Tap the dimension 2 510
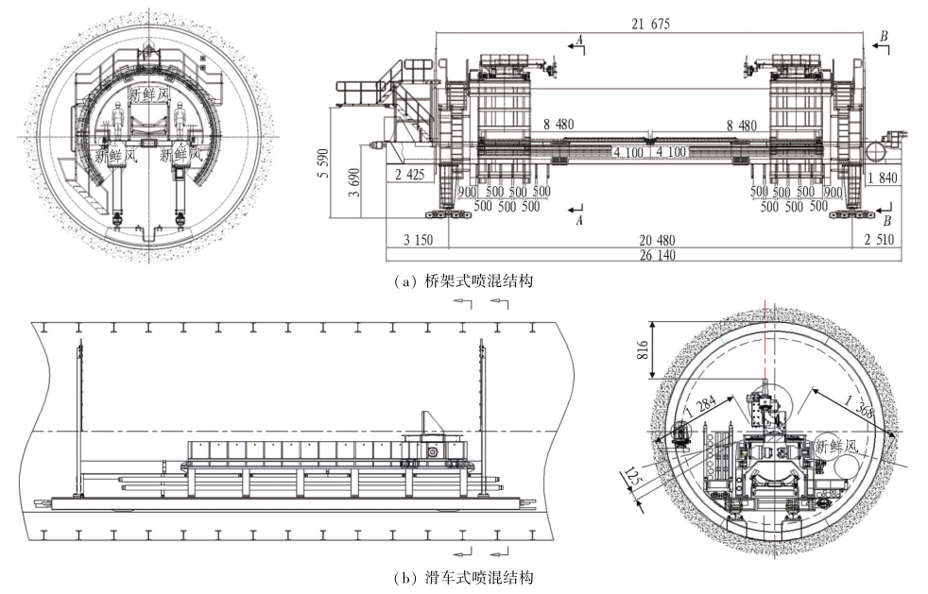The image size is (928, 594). click(x=882, y=241)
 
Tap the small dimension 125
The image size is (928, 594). click(x=632, y=477)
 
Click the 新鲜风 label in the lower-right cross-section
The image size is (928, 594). click(x=836, y=447)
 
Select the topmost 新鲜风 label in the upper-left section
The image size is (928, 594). click(x=149, y=95)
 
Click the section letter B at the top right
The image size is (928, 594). click(x=883, y=37)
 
